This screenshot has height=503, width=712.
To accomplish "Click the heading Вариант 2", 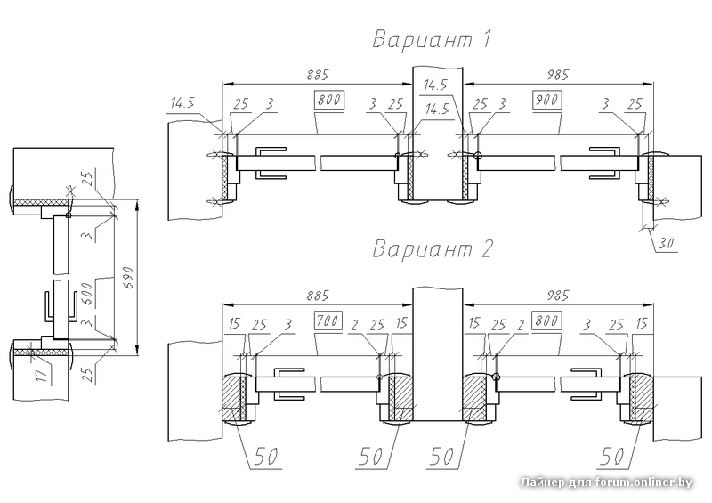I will point(433,248).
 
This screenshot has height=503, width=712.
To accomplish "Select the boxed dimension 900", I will point(547,100).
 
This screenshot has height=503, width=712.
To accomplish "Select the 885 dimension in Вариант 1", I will point(314,75).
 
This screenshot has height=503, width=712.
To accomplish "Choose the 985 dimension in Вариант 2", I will point(554,294).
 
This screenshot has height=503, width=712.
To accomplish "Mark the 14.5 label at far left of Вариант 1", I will point(183,104).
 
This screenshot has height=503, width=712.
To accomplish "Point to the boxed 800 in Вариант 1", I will point(329,100).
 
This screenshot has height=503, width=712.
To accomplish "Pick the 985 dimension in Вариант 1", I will point(554,75).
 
